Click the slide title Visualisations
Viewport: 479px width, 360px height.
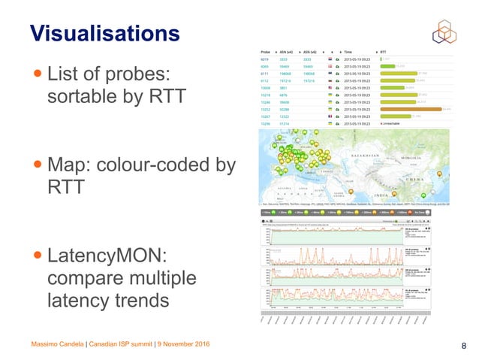(x=104, y=33)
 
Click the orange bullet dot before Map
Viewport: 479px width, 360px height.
(x=37, y=165)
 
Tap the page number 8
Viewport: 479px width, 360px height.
(x=463, y=346)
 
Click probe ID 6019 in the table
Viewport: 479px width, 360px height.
(x=264, y=59)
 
